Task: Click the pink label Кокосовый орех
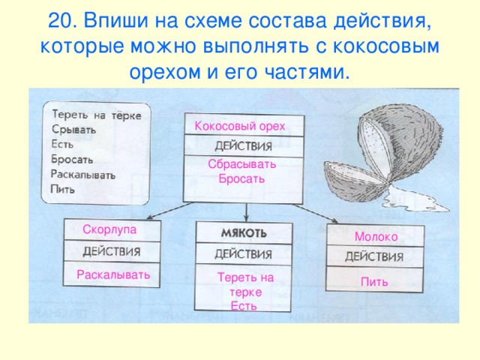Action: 239,125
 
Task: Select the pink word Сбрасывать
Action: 242,164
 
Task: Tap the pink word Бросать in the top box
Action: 241,178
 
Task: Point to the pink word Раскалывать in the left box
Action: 113,275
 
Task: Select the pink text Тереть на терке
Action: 244,284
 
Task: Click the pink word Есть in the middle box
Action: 244,305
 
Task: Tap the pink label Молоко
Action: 376,236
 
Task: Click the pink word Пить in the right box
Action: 373,282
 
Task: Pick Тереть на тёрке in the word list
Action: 100,115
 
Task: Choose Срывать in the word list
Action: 73,129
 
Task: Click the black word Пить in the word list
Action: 62,188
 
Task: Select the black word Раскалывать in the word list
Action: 83,174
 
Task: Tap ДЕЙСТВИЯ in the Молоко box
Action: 374,256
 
